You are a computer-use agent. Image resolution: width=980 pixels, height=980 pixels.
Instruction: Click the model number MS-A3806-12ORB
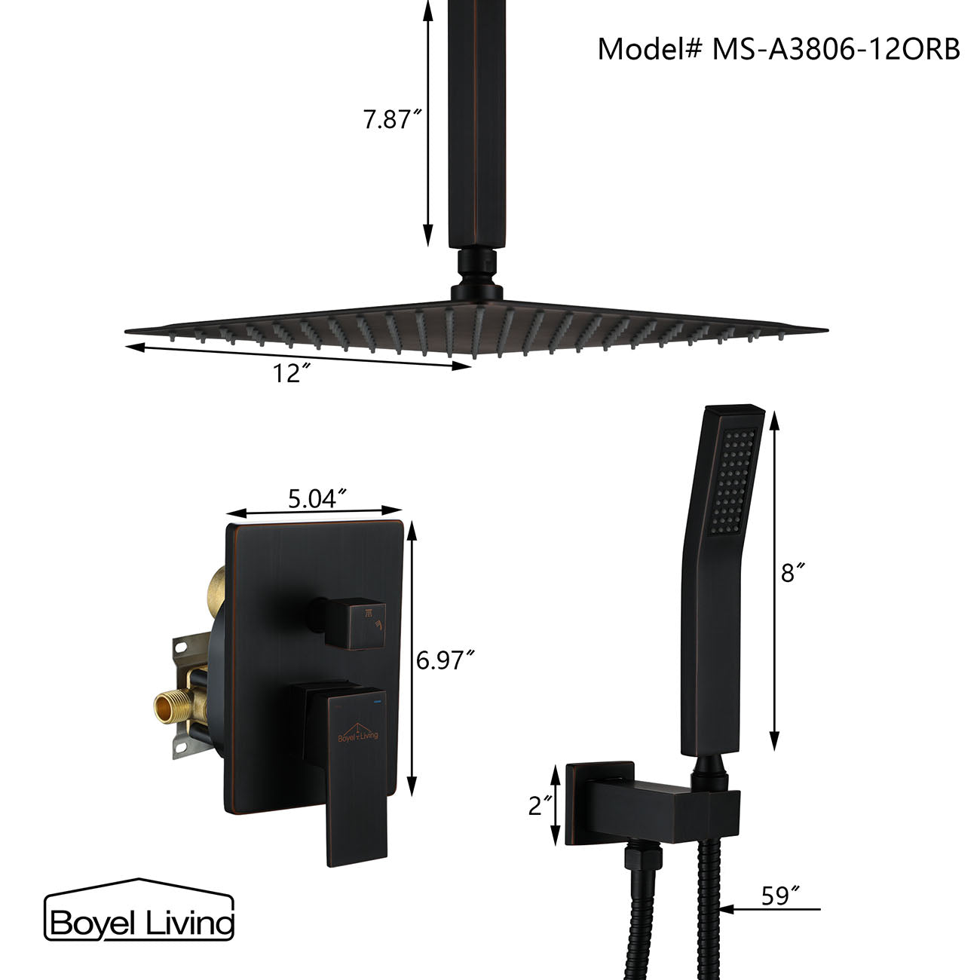(x=779, y=50)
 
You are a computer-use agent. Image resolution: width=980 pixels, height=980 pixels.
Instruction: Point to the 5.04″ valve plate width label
(x=317, y=498)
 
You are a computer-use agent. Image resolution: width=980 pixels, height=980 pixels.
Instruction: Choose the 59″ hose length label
(x=779, y=896)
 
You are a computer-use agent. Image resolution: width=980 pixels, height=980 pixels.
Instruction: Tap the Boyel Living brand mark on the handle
(x=358, y=732)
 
